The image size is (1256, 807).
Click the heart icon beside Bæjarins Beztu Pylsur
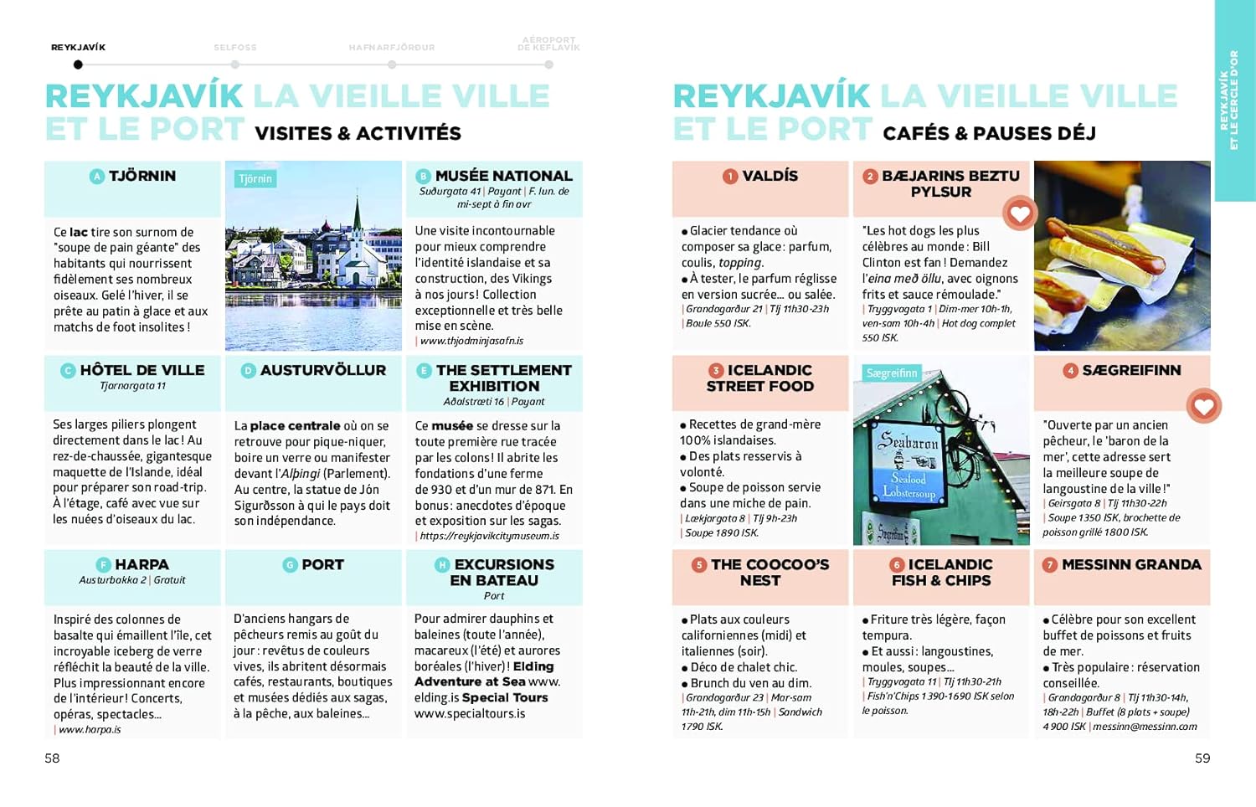pos(1019,213)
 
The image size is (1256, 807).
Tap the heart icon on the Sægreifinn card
pos(1203,406)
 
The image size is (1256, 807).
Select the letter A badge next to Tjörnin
pos(97,176)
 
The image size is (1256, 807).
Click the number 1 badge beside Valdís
pos(730,176)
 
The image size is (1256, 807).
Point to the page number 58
pos(52,758)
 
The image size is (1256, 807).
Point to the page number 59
pos(1202,758)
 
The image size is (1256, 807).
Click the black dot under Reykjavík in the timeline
pos(78,64)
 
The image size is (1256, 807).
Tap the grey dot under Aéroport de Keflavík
pos(548,64)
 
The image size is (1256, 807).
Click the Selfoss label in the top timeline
pos(235,48)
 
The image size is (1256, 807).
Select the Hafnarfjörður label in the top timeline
pos(392,48)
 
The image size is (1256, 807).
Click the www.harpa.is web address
pos(90,730)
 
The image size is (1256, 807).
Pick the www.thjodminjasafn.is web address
pos(471,341)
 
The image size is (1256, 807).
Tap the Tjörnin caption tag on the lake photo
pos(255,179)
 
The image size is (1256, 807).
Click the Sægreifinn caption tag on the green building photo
pos(892,373)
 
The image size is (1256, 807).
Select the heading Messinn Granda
pos(1131,565)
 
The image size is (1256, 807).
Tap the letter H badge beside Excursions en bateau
pos(442,565)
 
